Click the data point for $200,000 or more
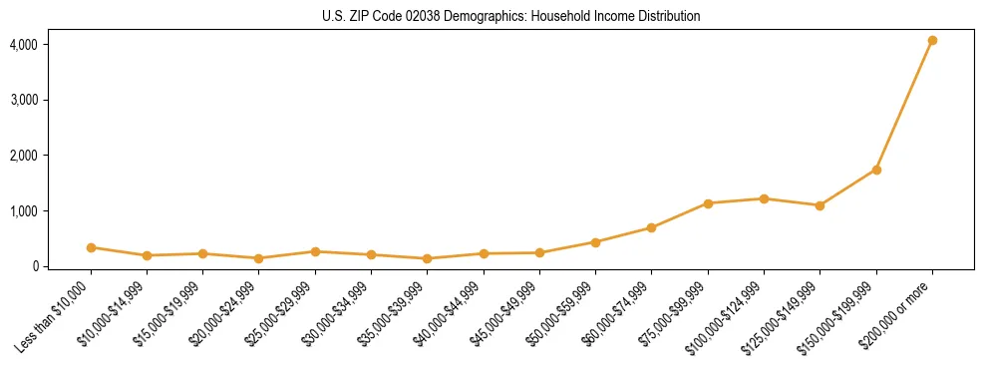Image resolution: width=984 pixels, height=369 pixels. (932, 41)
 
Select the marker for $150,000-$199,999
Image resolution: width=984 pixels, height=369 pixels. (876, 170)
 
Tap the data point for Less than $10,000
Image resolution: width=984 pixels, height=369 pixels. (91, 247)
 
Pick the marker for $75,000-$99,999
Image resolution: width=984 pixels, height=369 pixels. (708, 203)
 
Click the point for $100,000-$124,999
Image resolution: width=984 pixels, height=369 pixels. (764, 198)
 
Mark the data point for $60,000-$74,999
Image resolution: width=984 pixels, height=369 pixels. (651, 227)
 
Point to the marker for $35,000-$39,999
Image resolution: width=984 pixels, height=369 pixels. (427, 258)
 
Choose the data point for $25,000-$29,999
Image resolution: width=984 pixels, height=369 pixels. (315, 251)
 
